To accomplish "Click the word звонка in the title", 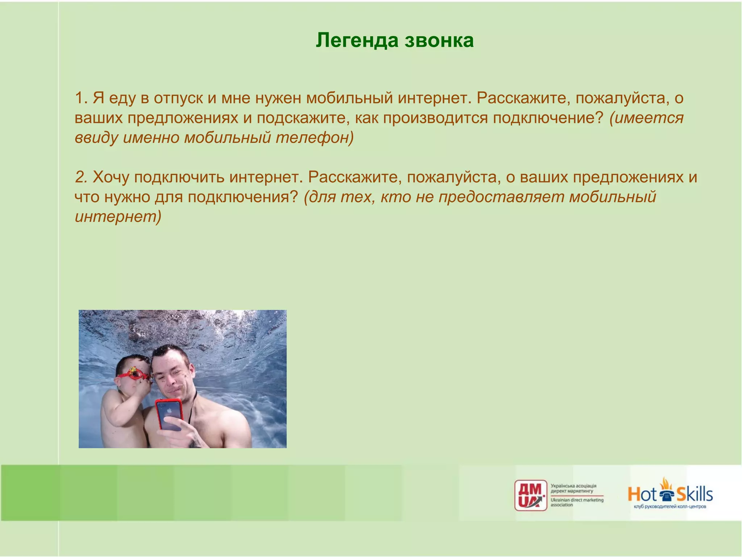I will [439, 40].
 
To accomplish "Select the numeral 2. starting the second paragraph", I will [82, 177].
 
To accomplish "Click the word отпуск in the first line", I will [178, 98].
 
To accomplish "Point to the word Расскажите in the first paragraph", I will [523, 98].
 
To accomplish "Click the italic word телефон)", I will [314, 138].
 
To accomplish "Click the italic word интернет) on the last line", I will [118, 216].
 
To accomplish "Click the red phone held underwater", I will [168, 414].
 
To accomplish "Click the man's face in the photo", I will [173, 377].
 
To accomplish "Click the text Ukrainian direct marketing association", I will [577, 502].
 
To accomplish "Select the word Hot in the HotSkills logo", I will [642, 494].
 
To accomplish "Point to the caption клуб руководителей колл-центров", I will [670, 507].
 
